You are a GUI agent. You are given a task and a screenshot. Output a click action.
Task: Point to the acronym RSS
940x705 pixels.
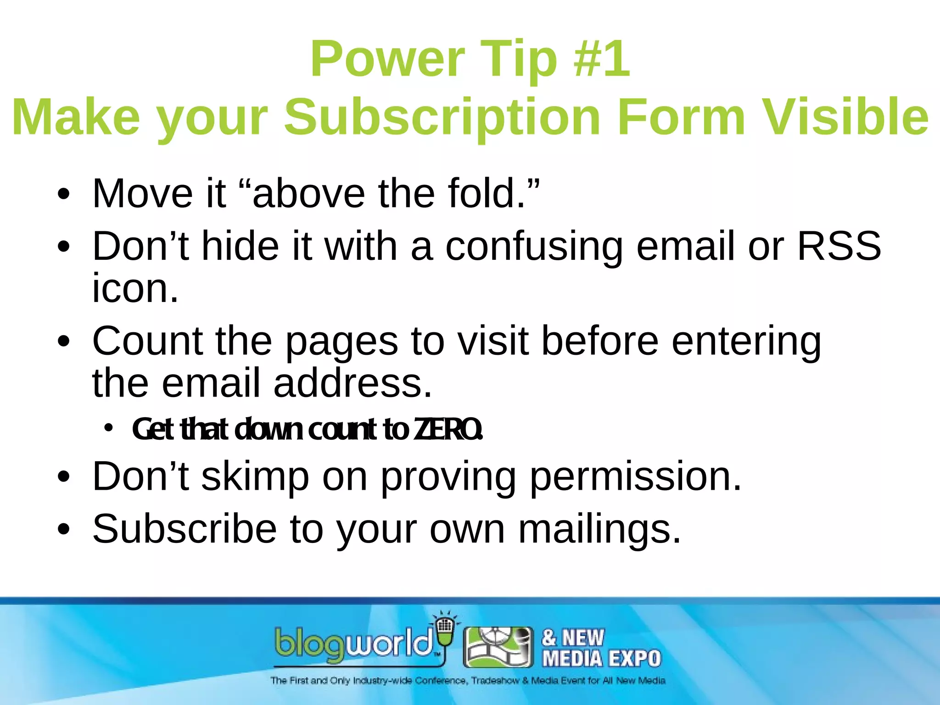[x=839, y=246]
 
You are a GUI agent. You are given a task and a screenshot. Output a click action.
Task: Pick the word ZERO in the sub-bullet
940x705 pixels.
[x=448, y=429]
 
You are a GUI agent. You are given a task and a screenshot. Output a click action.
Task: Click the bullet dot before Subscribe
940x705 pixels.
[x=64, y=529]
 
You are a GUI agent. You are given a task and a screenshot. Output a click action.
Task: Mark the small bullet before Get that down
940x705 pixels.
[x=108, y=428]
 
